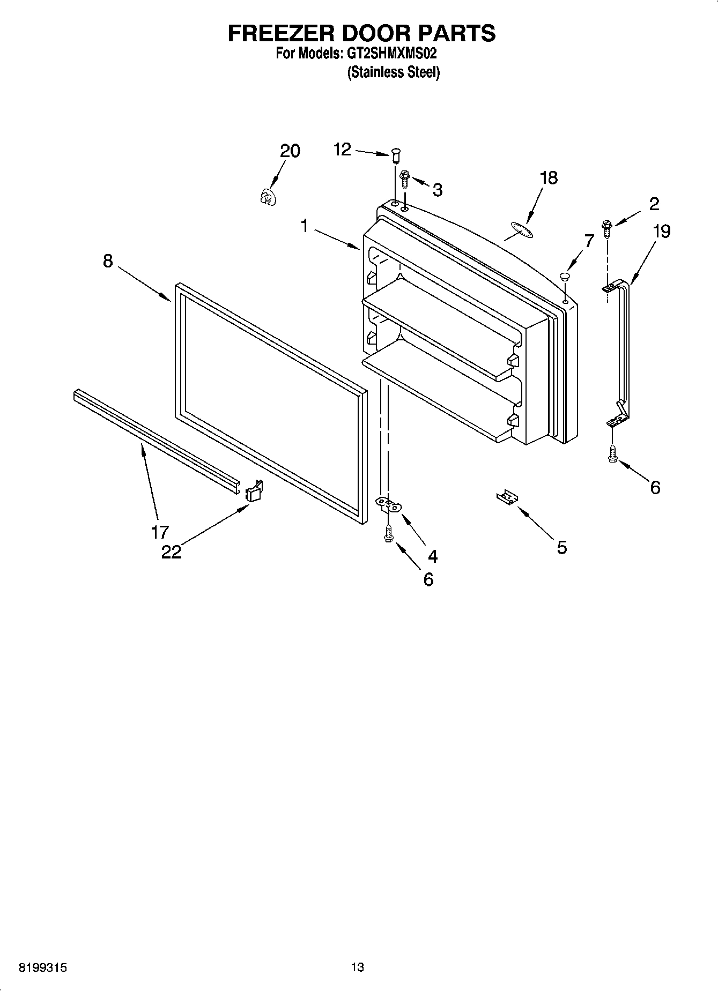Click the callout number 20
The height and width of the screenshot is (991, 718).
290,151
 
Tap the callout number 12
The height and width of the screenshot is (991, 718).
342,149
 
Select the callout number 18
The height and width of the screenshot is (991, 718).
549,177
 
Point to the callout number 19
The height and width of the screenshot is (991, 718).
662,232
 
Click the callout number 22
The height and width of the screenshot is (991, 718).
172,552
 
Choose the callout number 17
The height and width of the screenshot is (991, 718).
160,532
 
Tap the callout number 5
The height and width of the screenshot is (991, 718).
561,547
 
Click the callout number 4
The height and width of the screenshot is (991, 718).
432,556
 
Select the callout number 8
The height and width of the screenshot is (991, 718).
108,261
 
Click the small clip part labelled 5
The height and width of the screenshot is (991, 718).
507,498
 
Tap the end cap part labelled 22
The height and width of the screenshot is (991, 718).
254,491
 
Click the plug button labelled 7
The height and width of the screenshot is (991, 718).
564,277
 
